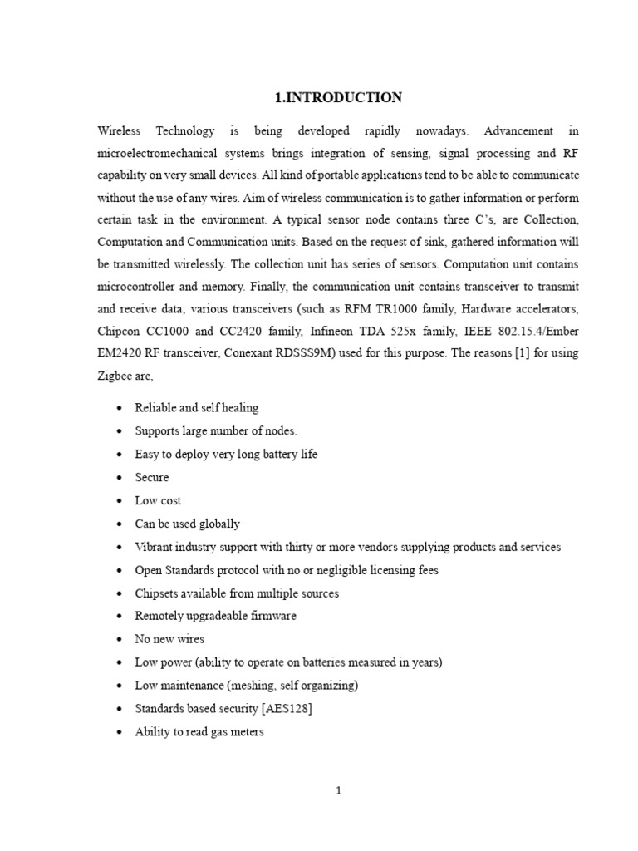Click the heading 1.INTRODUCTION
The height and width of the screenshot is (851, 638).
[x=338, y=98]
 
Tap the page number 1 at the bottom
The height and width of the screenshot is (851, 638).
[x=339, y=791]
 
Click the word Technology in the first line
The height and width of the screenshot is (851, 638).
[x=183, y=131]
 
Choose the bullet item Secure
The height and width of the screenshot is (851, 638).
[x=152, y=477]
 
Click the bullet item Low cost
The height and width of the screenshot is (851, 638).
[x=158, y=500]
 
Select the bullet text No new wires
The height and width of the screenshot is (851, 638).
[x=169, y=639]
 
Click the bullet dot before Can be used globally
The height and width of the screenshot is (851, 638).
[x=121, y=524]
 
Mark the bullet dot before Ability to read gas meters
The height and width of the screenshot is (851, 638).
[x=121, y=733]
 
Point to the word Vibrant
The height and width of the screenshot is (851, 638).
[x=155, y=547]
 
